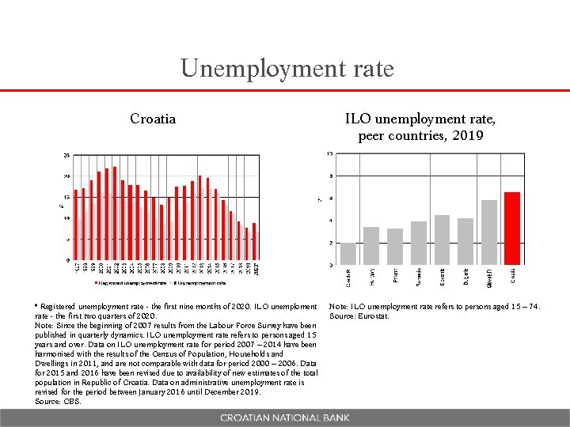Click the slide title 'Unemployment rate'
coord(287,69)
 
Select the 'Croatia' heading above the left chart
coord(153,119)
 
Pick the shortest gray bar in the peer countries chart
coord(348,253)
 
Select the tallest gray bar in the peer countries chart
coord(488,232)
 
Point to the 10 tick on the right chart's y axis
coord(329,153)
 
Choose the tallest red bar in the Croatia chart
coord(115,213)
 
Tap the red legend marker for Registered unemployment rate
coord(96,282)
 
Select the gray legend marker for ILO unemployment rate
coord(174,282)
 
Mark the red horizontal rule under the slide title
coord(285,91)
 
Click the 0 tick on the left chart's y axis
coord(67,260)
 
